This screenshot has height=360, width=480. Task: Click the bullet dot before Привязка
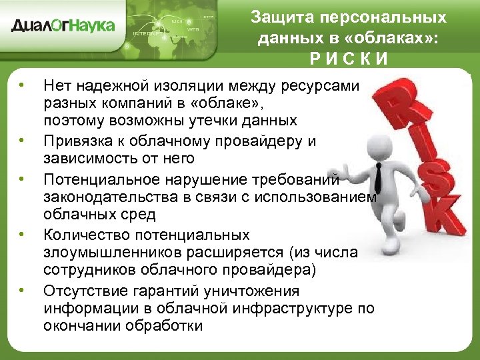(x=22, y=141)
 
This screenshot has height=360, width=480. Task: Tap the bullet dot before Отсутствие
(x=22, y=289)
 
